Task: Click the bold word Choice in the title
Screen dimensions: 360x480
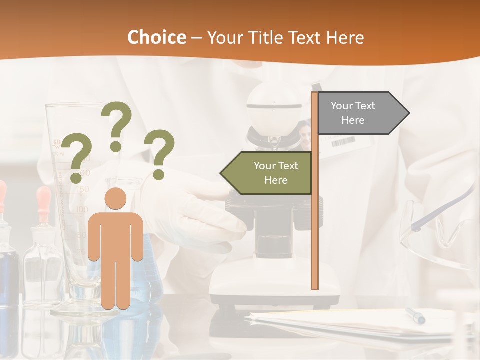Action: pos(156,38)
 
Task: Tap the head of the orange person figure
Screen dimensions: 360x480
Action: pos(115,198)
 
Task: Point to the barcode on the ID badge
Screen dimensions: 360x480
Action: pos(343,142)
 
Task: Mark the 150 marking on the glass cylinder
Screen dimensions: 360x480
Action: pos(83,189)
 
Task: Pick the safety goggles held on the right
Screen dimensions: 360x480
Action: pos(440,230)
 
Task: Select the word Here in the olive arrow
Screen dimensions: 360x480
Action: pos(276,180)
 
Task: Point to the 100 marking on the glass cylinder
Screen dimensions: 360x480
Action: pos(81,209)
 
